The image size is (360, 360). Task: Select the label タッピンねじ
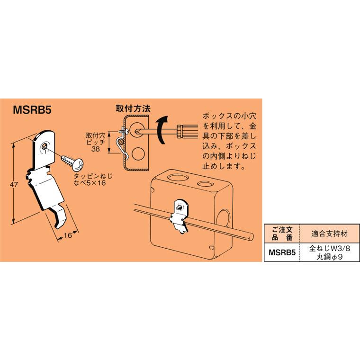pos(90,176)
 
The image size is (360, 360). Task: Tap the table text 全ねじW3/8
pos(327,248)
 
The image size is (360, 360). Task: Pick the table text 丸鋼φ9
pos(327,257)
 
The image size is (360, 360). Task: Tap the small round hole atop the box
pos(204,183)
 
